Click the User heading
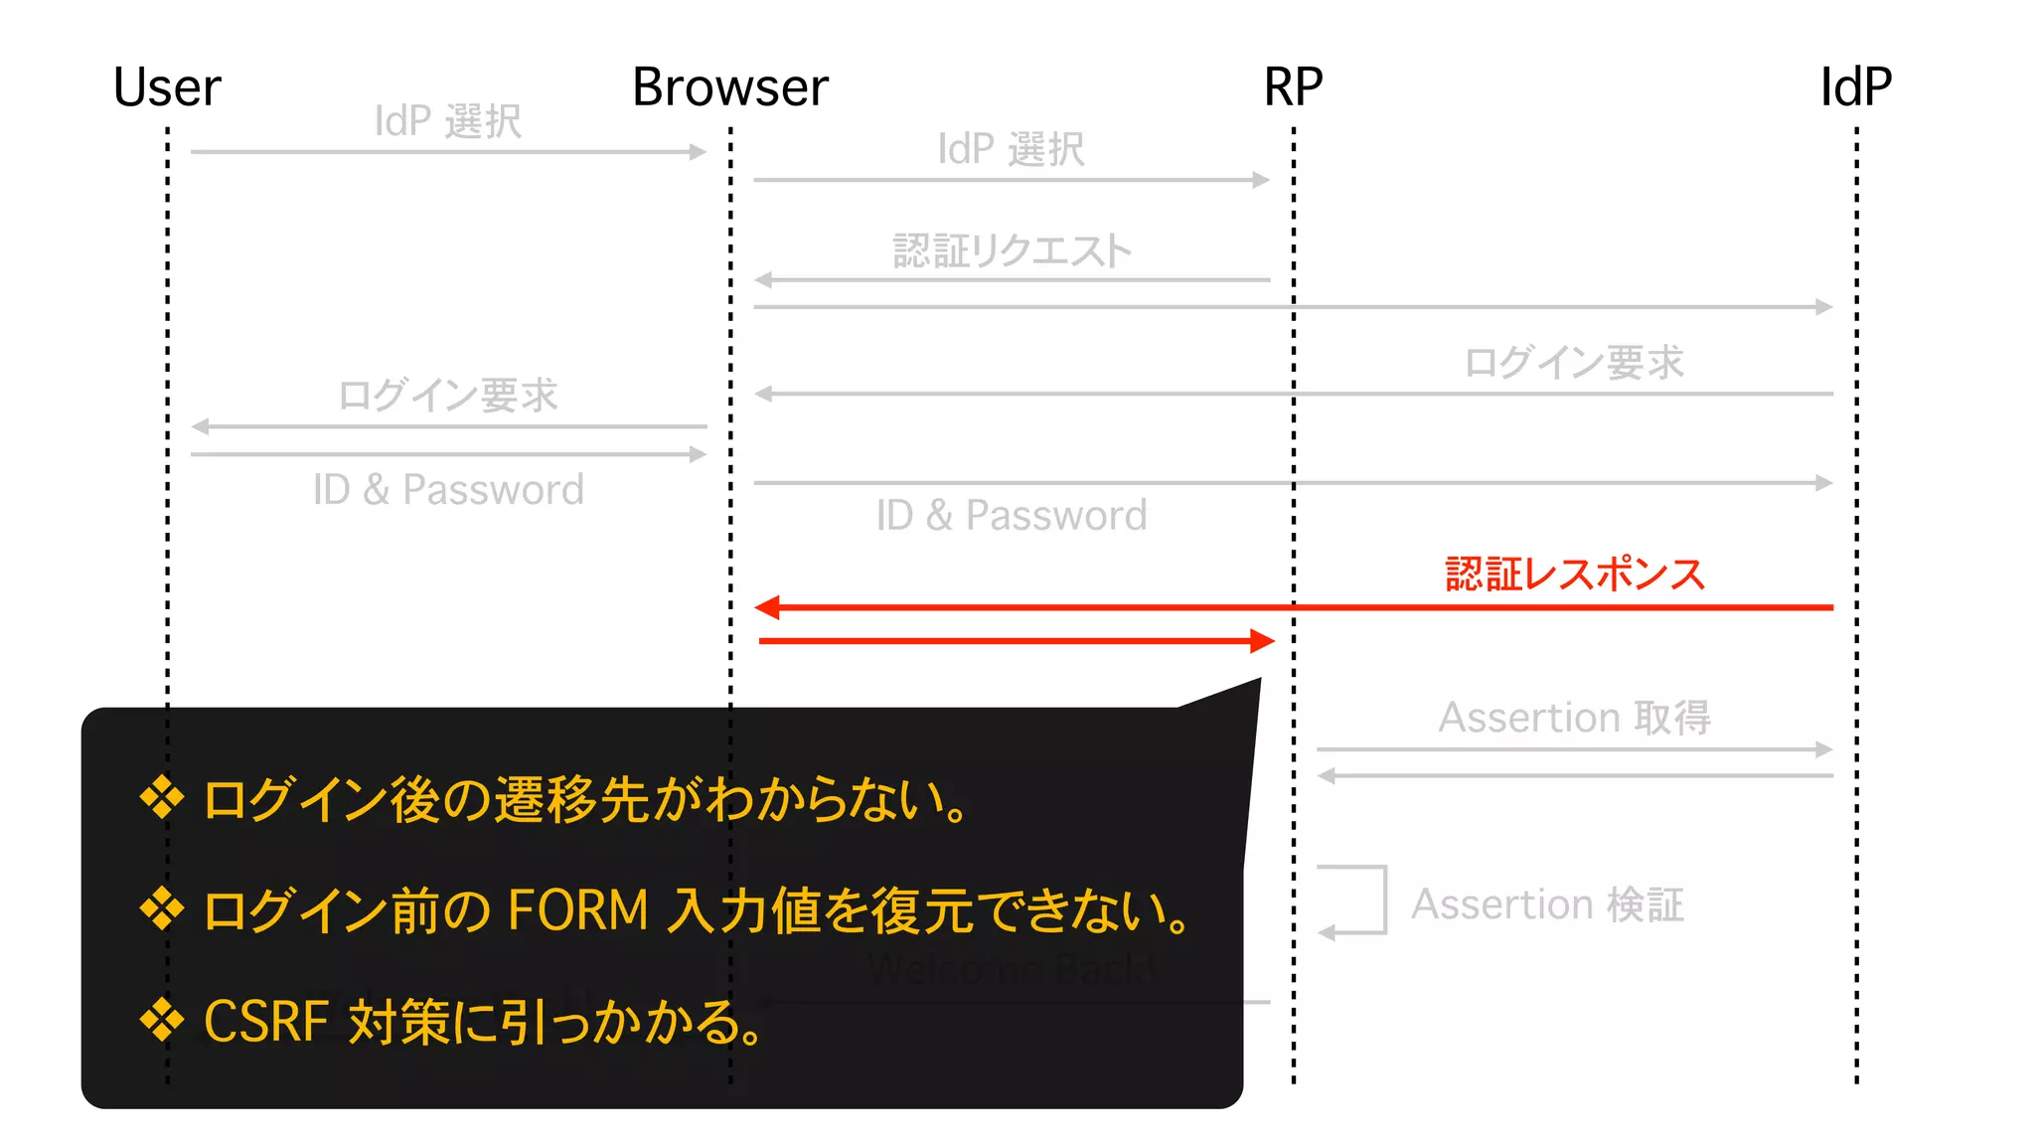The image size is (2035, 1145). [167, 87]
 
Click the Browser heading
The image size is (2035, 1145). [730, 87]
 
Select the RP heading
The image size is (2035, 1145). [1293, 87]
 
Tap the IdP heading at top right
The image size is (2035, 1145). [1855, 87]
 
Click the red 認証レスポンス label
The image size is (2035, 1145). [1575, 574]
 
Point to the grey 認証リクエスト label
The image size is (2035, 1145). [1012, 250]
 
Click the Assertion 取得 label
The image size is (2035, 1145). [1575, 718]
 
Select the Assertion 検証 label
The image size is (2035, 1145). [1547, 904]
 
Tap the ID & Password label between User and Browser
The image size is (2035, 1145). [448, 490]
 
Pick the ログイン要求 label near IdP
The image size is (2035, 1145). [1575, 363]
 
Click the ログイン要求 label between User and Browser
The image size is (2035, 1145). [448, 396]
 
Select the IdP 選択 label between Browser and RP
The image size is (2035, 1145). [1012, 150]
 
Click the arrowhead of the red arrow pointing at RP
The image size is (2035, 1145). [1263, 641]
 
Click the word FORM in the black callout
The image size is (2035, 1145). [577, 910]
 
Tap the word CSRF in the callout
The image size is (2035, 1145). [265, 1022]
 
